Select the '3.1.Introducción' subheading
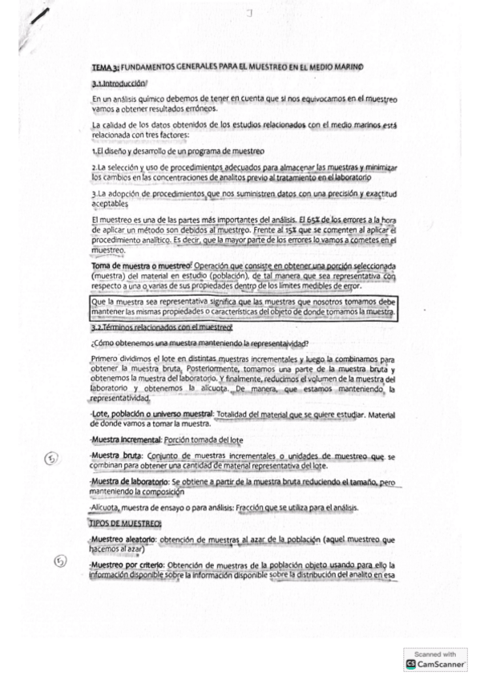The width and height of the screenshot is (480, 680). point(119,84)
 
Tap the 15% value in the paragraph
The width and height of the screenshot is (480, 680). point(248,230)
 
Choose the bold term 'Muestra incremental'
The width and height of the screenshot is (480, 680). point(127,439)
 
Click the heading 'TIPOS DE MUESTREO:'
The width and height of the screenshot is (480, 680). point(127,523)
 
